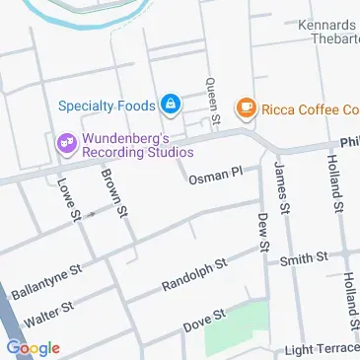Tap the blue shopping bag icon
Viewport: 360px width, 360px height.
(171, 103)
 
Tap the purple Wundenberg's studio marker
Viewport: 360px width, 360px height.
(66, 144)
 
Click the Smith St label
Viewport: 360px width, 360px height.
(302, 259)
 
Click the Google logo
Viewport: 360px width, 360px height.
(33, 347)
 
